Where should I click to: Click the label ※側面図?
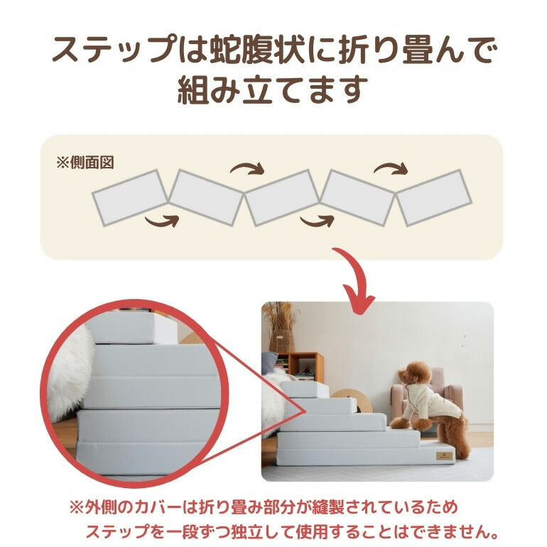85,162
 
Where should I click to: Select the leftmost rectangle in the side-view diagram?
130,197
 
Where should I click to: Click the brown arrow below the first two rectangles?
161,222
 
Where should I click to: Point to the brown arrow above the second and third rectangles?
247,170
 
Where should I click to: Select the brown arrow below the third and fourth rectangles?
316,222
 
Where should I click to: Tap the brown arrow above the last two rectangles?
391,168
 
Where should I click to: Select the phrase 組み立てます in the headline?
273,91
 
